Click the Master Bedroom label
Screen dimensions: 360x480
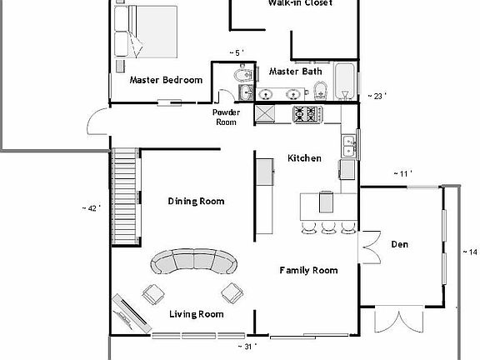click(166, 80)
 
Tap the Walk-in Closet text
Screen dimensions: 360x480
click(300, 3)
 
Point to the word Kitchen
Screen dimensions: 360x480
click(304, 158)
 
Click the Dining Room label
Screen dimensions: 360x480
click(196, 201)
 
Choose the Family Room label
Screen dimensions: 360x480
click(307, 270)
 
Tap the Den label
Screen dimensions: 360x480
click(400, 244)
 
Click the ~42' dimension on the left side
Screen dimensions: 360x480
click(91, 208)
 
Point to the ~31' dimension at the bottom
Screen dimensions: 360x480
click(247, 346)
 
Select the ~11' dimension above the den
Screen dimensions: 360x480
click(403, 173)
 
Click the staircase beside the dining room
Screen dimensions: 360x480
click(124, 195)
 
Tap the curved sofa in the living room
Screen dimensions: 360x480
click(193, 262)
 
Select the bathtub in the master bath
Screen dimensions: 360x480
click(344, 82)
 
